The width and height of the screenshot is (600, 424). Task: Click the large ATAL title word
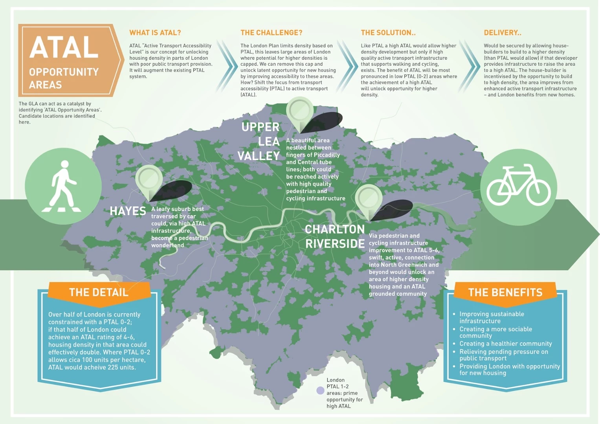(x=64, y=48)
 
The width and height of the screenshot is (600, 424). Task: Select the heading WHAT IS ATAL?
(x=155, y=33)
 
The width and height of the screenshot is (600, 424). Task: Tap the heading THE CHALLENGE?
(x=271, y=33)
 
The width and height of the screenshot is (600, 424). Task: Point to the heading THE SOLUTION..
(x=388, y=33)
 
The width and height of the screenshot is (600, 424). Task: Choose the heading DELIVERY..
(x=502, y=33)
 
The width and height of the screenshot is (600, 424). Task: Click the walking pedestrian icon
(x=63, y=186)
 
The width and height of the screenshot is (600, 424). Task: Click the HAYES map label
(x=128, y=211)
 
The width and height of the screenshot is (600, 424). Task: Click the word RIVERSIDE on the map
(x=335, y=244)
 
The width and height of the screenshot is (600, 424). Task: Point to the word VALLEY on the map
(x=259, y=156)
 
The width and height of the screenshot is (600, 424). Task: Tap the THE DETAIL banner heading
(x=99, y=292)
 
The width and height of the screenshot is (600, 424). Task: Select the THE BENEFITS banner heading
(x=505, y=292)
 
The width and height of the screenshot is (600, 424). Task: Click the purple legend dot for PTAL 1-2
(x=320, y=391)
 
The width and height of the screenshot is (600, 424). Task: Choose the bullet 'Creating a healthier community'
(x=505, y=344)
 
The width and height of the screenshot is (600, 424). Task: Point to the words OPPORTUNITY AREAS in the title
(x=64, y=78)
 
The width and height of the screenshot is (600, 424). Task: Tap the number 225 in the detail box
(x=112, y=367)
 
